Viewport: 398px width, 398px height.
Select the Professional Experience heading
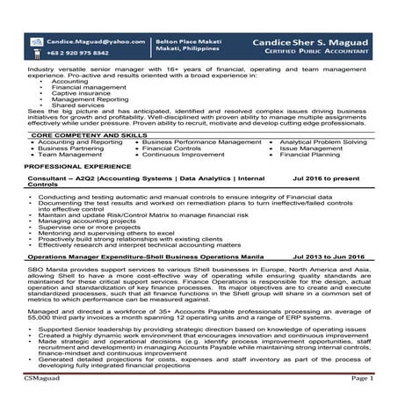click(x=73, y=165)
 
